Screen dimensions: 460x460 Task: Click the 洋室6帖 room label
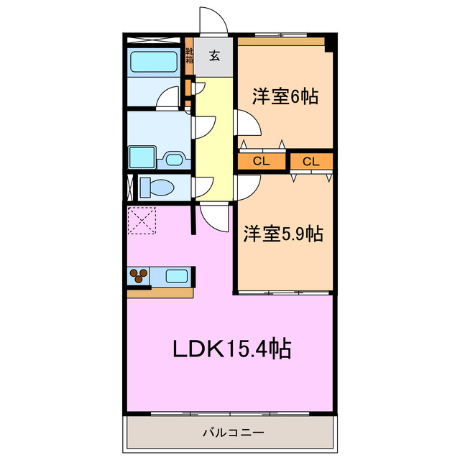point(285,96)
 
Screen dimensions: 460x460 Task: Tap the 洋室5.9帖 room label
point(282,234)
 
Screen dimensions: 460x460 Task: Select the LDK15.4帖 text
point(231,349)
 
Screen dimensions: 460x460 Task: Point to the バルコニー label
point(232,433)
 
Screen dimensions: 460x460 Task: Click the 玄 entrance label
point(215,56)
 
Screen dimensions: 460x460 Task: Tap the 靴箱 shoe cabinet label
point(189,56)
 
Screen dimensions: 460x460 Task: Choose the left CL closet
point(262,161)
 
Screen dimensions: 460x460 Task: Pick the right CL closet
point(310,161)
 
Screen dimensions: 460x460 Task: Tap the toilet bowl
point(157,188)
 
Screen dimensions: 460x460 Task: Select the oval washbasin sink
point(173,158)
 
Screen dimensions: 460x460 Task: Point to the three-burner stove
point(140,275)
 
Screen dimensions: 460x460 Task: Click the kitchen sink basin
point(177,275)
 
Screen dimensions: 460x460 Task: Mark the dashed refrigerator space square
point(142,221)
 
